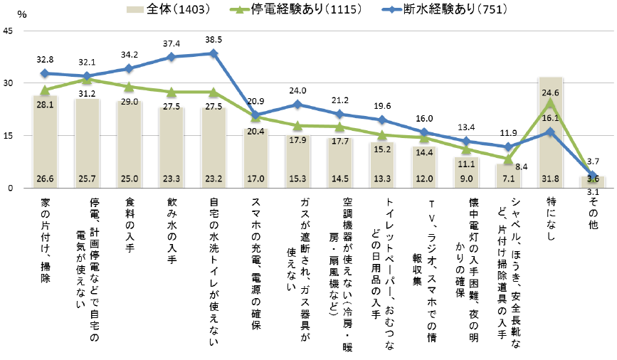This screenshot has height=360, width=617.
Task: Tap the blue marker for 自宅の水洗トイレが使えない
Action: point(213,53)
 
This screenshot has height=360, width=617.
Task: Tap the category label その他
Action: point(593,213)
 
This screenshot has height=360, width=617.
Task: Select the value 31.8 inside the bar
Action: point(551,179)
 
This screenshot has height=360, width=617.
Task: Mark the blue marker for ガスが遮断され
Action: point(298,104)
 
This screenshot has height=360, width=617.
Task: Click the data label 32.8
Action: point(45,60)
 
